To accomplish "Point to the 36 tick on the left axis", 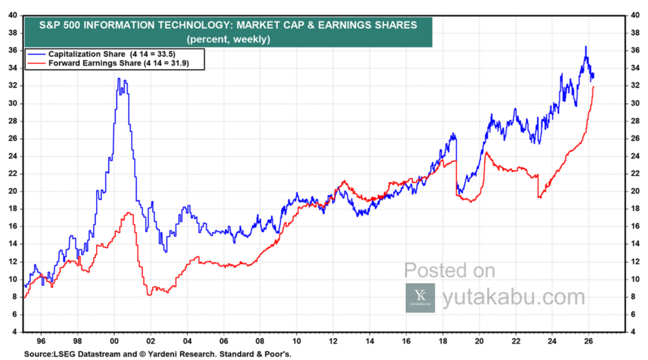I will click(13, 50).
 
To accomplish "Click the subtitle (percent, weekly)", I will click(228, 39).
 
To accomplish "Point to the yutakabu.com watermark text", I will click(513, 297).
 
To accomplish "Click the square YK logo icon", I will click(420, 297).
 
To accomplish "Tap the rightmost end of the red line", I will click(594, 87).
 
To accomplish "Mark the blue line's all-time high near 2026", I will click(585, 47).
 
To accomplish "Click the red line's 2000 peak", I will click(128, 213).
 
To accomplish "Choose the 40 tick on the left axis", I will click(13, 15).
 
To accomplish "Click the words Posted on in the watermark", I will click(449, 271).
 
